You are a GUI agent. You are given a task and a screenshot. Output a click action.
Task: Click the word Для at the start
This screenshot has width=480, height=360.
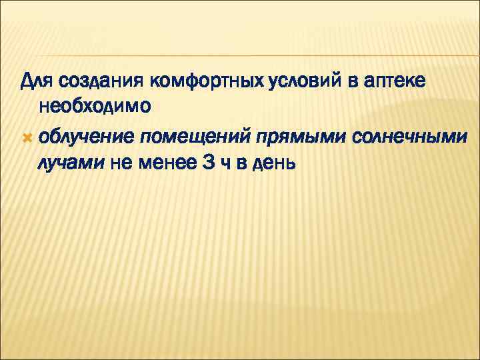pyautogui.click(x=37, y=82)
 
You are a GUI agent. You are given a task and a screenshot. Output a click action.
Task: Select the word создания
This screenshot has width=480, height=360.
pyautogui.click(x=101, y=82)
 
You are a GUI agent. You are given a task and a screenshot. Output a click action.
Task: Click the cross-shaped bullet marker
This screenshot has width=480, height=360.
pyautogui.click(x=27, y=137)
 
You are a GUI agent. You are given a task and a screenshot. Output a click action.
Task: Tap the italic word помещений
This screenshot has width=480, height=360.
pyautogui.click(x=192, y=137)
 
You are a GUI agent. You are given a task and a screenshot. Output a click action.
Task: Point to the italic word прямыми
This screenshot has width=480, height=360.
pyautogui.click(x=294, y=137)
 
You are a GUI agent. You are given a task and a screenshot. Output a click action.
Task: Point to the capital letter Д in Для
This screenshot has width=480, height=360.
pyautogui.click(x=27, y=82)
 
